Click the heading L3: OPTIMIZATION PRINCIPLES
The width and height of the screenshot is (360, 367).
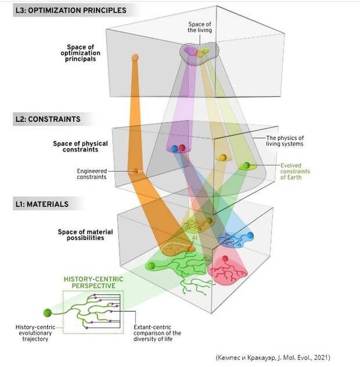tap(71, 10)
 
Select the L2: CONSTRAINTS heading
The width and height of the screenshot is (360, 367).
tap(48, 119)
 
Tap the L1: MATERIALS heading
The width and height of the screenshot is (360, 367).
tap(42, 204)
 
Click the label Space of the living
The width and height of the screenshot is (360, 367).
tap(200, 27)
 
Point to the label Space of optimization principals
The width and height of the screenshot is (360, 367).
tap(80, 53)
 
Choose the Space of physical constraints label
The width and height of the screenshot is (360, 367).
tap(80, 146)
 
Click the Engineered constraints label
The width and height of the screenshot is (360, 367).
tap(92, 174)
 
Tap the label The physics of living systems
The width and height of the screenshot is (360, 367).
tap(285, 141)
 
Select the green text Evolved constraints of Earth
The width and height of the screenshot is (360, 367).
tap(295, 171)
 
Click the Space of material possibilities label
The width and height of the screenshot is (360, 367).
tap(85, 235)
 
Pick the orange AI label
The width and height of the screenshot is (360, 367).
tap(195, 238)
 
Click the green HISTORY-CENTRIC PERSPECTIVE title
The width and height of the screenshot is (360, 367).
tap(93, 282)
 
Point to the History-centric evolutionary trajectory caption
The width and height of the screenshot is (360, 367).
tap(35, 333)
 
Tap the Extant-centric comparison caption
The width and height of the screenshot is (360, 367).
tap(157, 333)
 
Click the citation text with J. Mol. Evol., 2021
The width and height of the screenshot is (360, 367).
tap(273, 357)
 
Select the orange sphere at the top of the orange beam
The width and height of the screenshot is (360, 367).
tap(135, 57)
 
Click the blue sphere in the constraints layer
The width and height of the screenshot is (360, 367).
tap(175, 149)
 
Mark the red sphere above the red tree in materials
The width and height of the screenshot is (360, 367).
tap(225, 258)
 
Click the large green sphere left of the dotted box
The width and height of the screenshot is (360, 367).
tap(48, 313)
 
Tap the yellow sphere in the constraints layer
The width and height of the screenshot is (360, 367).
tap(224, 157)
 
